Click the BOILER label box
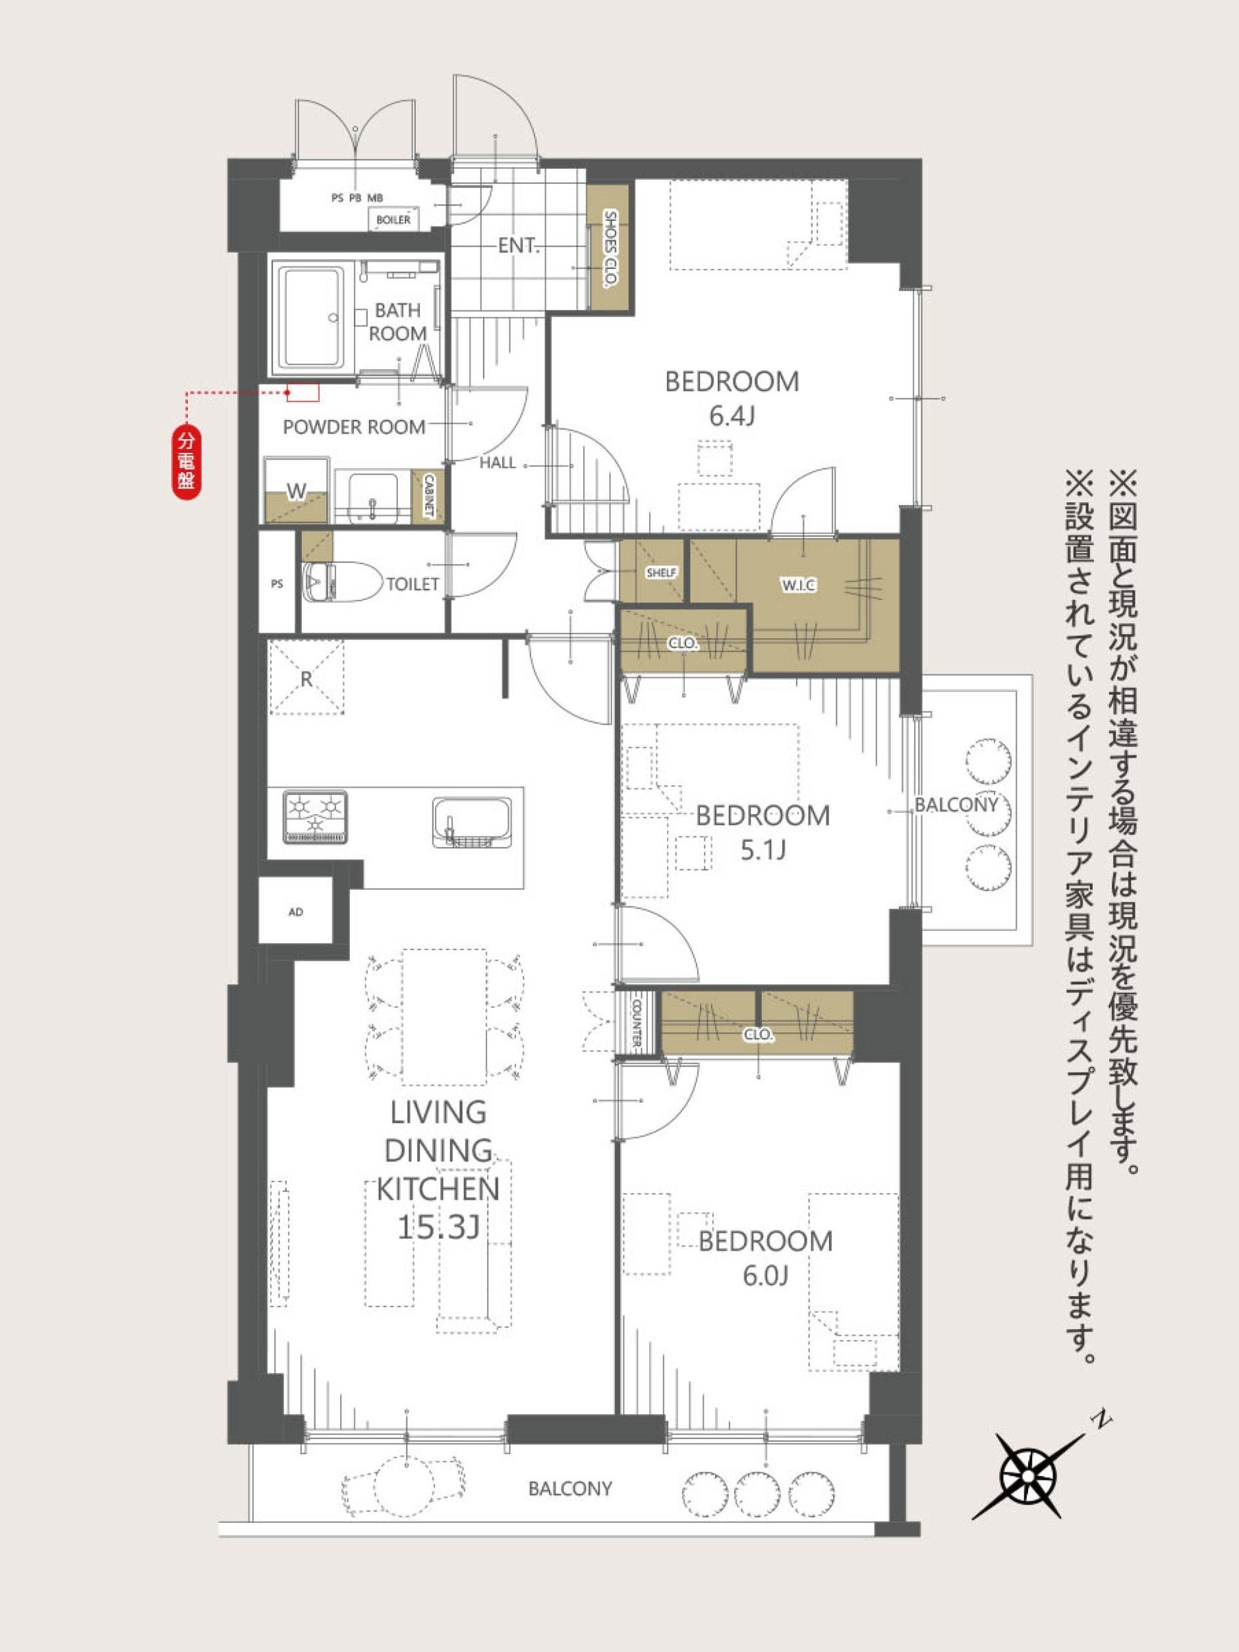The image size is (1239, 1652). click(x=393, y=220)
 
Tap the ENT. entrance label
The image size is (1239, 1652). click(x=518, y=245)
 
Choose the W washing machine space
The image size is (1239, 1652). click(x=297, y=490)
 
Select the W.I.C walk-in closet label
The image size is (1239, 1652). click(x=799, y=586)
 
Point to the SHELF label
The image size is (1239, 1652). click(x=661, y=573)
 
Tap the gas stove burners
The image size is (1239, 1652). click(x=315, y=817)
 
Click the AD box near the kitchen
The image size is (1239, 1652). click(x=296, y=911)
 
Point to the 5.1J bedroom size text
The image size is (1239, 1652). click(x=763, y=850)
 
